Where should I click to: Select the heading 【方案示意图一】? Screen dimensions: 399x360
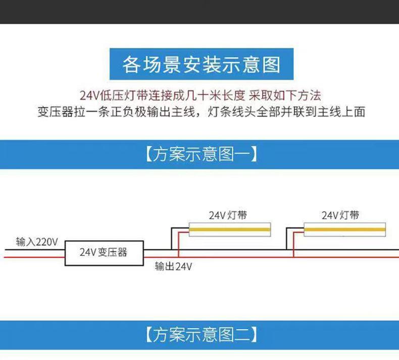pyautogui.click(x=201, y=154)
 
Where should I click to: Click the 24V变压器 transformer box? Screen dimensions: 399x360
pyautogui.click(x=105, y=251)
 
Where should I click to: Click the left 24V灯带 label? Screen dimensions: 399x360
pyautogui.click(x=228, y=214)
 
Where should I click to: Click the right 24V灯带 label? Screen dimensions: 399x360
pyautogui.click(x=341, y=214)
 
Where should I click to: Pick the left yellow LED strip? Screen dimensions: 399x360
pyautogui.click(x=230, y=231)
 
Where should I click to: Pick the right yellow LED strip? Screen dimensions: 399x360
pyautogui.click(x=344, y=231)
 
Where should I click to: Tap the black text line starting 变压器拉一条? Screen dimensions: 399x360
pyautogui.click(x=201, y=112)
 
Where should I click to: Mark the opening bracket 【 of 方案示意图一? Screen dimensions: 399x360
pyautogui.click(x=148, y=154)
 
